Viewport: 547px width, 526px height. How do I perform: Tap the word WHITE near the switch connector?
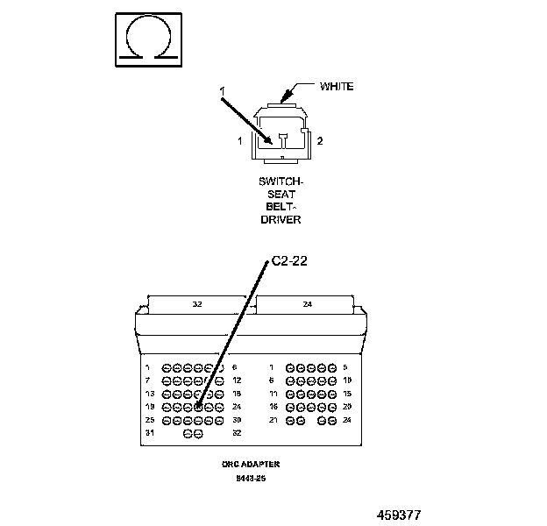pyautogui.click(x=337, y=86)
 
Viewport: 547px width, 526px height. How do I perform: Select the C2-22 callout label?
pyautogui.click(x=289, y=261)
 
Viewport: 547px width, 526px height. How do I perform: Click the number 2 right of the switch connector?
pyautogui.click(x=320, y=141)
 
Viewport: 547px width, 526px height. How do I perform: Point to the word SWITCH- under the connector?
pyautogui.click(x=281, y=182)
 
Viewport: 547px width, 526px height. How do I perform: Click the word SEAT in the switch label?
pyautogui.click(x=281, y=195)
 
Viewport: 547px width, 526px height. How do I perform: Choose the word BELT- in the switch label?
pyautogui.click(x=281, y=207)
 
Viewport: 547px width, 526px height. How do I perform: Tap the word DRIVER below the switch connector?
pyautogui.click(x=281, y=219)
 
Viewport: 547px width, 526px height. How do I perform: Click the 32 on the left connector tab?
pyautogui.click(x=197, y=305)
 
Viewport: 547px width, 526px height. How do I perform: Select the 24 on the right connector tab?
pyautogui.click(x=306, y=305)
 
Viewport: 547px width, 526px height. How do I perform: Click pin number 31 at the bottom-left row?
pyautogui.click(x=149, y=433)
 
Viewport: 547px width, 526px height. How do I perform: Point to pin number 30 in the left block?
pyautogui.click(x=237, y=420)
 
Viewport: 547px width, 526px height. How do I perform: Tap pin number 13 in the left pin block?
pyautogui.click(x=149, y=394)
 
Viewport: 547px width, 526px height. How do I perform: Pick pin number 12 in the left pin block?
pyautogui.click(x=237, y=380)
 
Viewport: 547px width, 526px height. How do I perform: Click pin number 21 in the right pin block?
pyautogui.click(x=273, y=420)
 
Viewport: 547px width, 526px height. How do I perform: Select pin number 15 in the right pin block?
pyautogui.click(x=347, y=394)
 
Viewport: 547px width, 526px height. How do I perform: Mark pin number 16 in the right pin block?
pyautogui.click(x=273, y=407)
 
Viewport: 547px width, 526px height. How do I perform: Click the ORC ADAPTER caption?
pyautogui.click(x=250, y=464)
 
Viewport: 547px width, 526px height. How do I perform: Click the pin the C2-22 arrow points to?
pyautogui.click(x=199, y=407)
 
